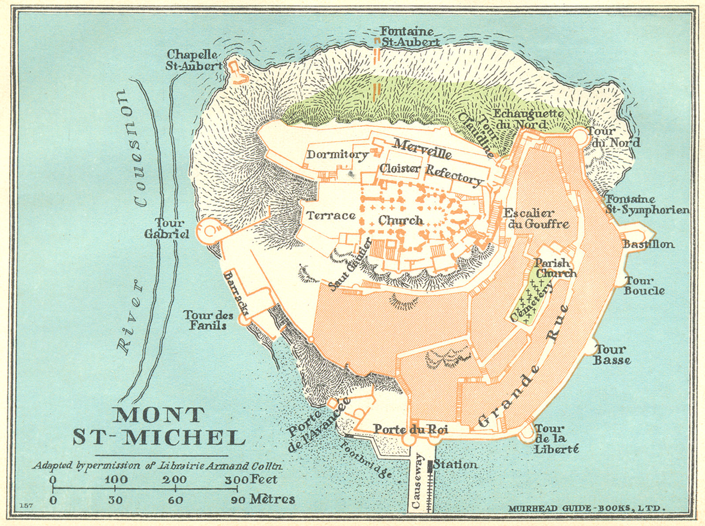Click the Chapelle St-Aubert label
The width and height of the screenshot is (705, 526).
click(x=194, y=60)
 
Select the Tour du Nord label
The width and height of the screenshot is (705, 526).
click(x=612, y=137)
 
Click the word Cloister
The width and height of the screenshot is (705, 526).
click(x=400, y=169)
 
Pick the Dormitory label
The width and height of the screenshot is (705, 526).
click(x=338, y=154)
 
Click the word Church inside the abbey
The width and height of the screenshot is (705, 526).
click(x=401, y=220)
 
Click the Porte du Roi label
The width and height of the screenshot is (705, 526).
click(x=411, y=429)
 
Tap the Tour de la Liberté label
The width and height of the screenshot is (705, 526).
click(x=556, y=438)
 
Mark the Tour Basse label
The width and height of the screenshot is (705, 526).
click(x=611, y=355)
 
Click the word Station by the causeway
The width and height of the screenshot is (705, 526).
click(x=455, y=464)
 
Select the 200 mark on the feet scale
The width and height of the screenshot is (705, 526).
click(x=175, y=480)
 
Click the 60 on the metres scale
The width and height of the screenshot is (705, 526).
click(x=175, y=500)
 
